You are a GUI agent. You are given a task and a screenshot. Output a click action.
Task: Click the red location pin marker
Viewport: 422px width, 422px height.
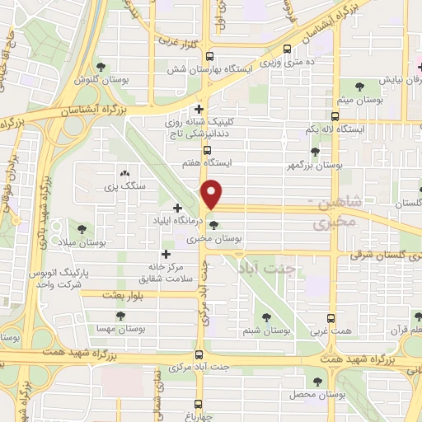[213, 194]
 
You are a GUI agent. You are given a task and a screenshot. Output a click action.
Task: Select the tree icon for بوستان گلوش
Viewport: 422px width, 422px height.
[101, 67]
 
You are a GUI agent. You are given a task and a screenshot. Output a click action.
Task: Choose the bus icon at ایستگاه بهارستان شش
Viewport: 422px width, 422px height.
[209, 57]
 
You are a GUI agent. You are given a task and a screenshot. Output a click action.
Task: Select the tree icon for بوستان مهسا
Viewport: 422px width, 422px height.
[120, 316]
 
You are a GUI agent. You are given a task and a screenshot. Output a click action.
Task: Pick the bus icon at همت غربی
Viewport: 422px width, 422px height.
[331, 318]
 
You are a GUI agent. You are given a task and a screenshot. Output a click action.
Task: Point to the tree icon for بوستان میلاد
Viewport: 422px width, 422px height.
[82, 229]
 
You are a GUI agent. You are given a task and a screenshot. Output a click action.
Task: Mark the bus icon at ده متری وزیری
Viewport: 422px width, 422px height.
[287, 49]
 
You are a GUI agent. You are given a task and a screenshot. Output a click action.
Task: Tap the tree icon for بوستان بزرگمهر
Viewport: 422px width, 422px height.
[315, 151]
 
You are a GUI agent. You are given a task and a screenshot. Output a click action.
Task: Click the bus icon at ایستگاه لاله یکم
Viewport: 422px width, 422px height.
[335, 117]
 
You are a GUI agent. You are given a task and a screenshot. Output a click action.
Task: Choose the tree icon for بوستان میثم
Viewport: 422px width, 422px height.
[359, 85]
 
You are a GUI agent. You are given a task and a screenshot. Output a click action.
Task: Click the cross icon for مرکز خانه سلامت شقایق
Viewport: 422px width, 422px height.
[166, 255]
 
